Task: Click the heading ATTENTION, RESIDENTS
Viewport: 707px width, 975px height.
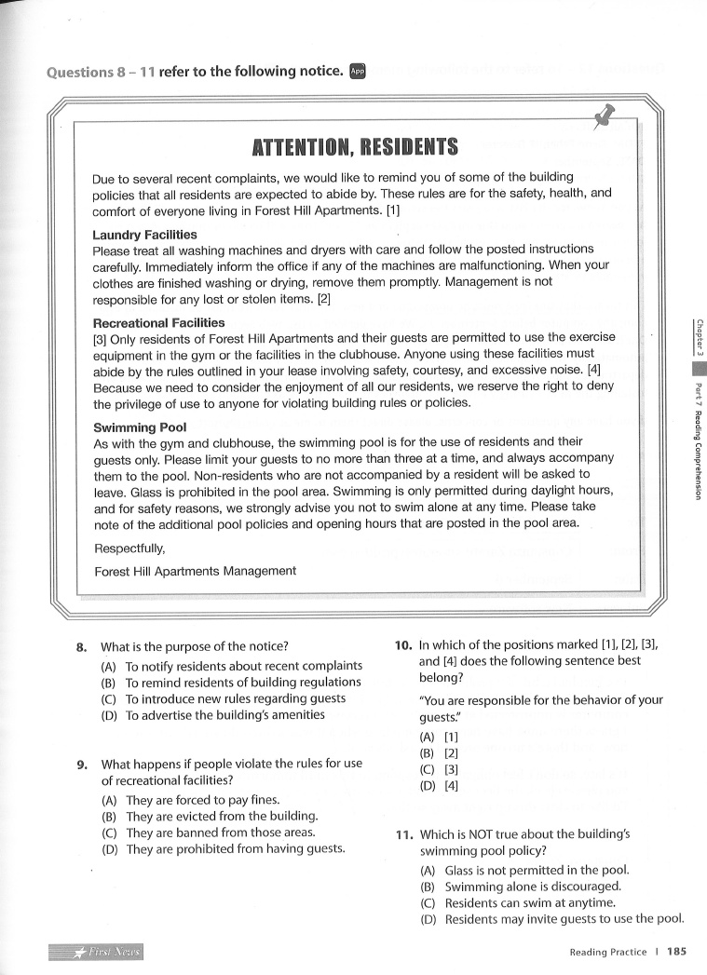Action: (355, 148)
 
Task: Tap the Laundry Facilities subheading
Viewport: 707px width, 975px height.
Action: (144, 235)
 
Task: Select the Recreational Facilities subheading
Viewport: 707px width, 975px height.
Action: (158, 323)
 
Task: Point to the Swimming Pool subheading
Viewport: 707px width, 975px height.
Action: (140, 427)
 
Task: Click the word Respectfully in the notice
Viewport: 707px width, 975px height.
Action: (130, 549)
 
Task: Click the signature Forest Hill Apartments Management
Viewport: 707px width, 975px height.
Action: (195, 571)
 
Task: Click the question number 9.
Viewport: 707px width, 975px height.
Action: (82, 765)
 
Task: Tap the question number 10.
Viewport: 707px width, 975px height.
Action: (402, 643)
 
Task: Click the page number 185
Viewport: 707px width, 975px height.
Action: (676, 952)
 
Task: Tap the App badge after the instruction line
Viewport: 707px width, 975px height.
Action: (358, 71)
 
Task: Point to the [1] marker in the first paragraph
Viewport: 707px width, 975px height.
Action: (393, 210)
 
